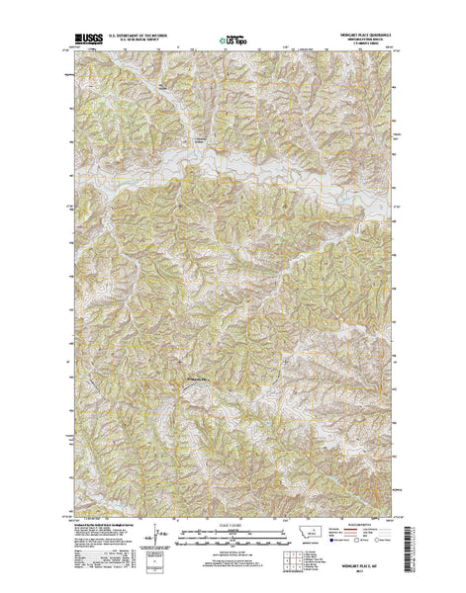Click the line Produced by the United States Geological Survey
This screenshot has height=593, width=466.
99,526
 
